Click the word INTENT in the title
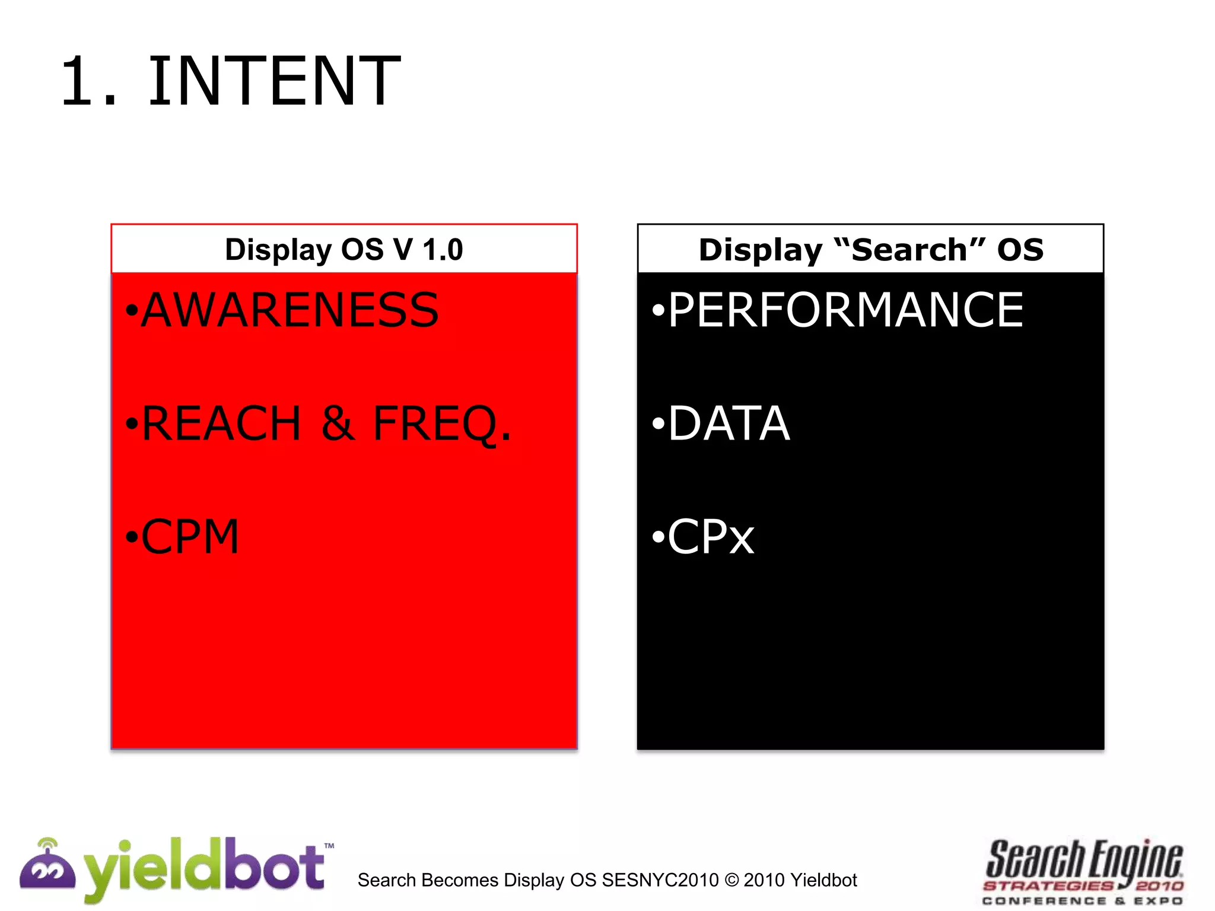point(274,81)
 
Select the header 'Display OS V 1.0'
point(343,249)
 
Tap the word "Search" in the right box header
point(909,249)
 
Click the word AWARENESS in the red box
point(290,310)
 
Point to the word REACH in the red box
point(221,423)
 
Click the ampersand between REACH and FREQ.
point(338,423)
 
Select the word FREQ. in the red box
point(441,423)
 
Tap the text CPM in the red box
point(190,537)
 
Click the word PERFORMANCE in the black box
point(845,310)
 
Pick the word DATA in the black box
point(729,423)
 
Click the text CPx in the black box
point(711,537)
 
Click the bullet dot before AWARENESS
point(132,311)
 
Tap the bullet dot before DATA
point(658,424)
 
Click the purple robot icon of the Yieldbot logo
point(47,867)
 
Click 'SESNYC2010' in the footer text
point(660,880)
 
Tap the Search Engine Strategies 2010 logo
point(1083,872)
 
